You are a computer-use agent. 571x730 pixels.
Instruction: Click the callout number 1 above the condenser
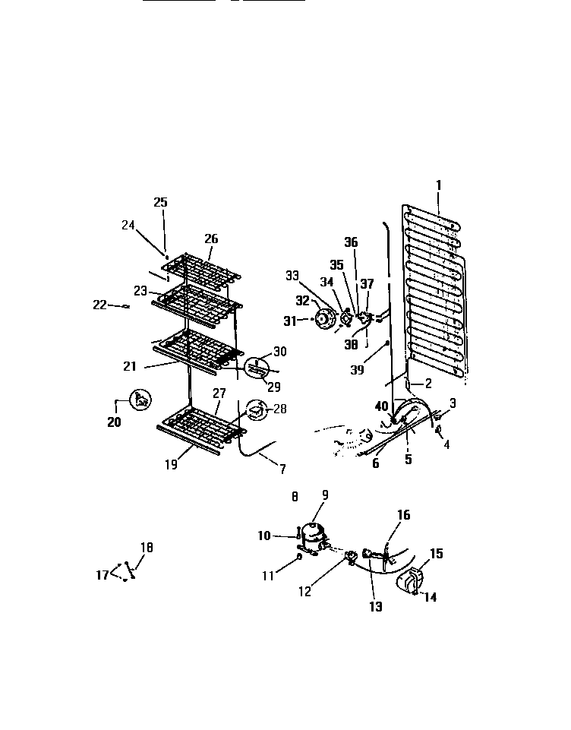[x=438, y=184]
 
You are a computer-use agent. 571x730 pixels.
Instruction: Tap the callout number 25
[x=160, y=202]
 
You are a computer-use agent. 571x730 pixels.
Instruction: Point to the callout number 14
[x=430, y=597]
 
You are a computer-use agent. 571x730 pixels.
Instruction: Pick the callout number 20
[x=114, y=422]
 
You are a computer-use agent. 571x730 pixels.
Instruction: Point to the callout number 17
[x=103, y=575]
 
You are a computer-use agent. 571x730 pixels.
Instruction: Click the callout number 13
[x=376, y=606]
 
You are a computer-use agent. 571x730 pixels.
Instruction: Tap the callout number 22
[x=99, y=305]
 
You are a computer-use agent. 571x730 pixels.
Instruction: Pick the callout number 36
[x=350, y=242]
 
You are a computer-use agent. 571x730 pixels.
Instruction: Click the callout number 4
[x=446, y=444]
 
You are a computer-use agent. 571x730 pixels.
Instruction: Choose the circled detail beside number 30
[x=257, y=369]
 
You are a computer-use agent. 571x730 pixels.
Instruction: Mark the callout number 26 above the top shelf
[x=210, y=239]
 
